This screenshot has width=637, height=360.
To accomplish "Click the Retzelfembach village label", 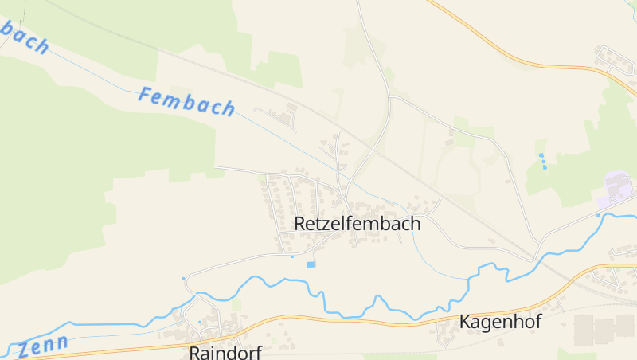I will coord(357,224).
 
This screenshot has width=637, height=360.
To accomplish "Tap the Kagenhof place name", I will coord(500,323).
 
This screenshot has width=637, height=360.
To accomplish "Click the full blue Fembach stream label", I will coord(186,101).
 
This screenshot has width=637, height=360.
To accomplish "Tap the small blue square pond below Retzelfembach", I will coord(311,264).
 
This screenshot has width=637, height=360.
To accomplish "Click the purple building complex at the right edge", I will coord(619,188).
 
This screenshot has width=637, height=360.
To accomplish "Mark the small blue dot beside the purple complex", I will coord(598,214).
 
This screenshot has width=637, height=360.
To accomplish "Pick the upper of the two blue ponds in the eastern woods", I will coord(542,155).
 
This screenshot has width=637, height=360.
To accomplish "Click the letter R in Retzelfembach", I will coord(300,224).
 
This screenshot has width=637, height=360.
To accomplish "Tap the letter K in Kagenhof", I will coord(466,323).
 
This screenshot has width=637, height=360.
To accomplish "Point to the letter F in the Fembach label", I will coord(145,95).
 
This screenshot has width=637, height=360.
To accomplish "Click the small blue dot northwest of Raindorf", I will coord(184,278).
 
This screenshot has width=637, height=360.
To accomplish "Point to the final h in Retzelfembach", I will coord(415,224).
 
